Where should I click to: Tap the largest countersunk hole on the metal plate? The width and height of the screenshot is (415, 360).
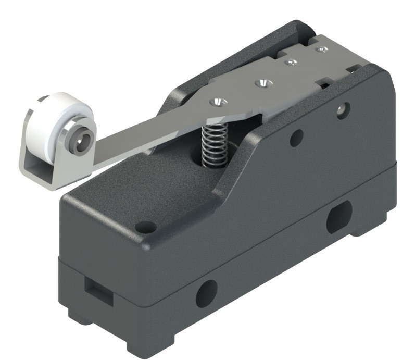(262, 82)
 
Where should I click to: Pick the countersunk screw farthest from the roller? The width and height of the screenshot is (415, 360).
(323, 49)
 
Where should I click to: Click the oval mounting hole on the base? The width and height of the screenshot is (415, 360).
(338, 217)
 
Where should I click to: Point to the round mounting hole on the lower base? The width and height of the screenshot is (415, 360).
(206, 293)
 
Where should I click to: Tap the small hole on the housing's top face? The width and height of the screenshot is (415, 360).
(145, 227)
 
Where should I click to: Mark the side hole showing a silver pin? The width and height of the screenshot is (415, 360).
(342, 110)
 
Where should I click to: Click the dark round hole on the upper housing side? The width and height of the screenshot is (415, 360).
(296, 138)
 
